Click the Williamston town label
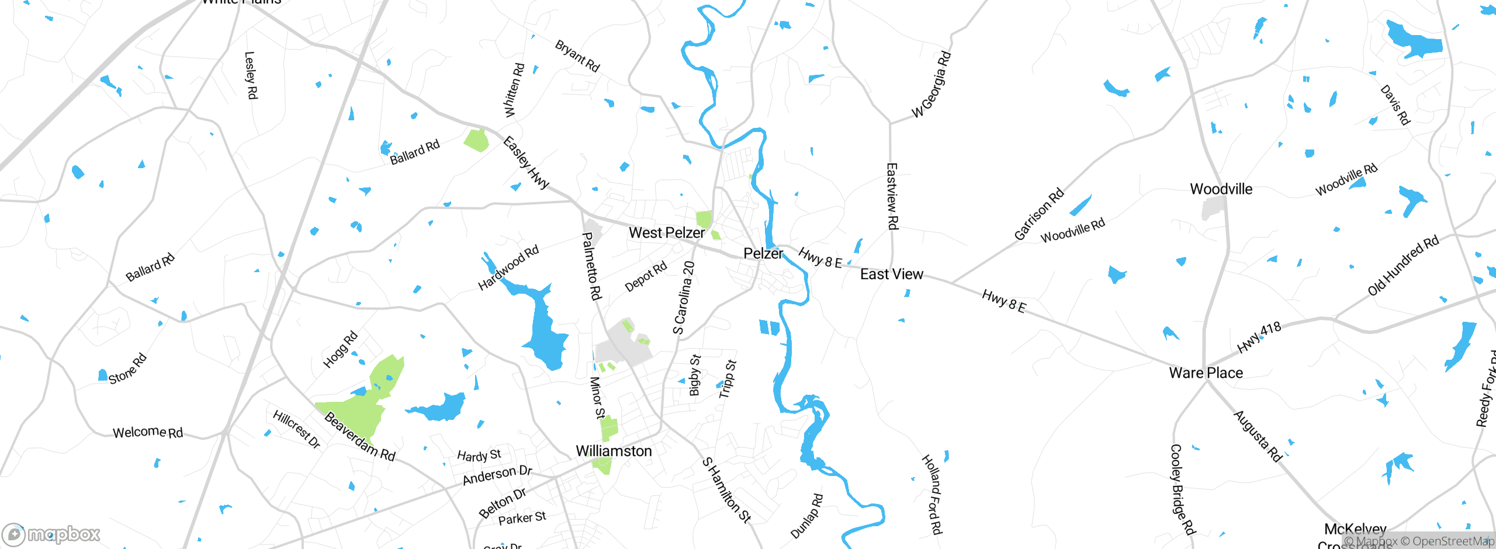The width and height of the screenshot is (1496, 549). click(x=614, y=451)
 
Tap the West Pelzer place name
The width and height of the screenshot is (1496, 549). click(x=667, y=232)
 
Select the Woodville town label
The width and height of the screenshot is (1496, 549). click(x=1221, y=189)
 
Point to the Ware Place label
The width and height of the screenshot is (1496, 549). click(x=1206, y=373)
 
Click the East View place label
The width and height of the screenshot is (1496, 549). click(x=891, y=274)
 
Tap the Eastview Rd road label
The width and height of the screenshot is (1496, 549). click(x=892, y=196)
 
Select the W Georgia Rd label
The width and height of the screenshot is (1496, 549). click(x=931, y=85)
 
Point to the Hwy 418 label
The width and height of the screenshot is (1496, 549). click(x=1259, y=338)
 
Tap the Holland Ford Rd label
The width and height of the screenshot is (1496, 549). click(x=932, y=494)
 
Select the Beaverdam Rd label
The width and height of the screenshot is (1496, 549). click(x=359, y=436)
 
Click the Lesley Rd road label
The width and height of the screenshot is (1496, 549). click(x=251, y=75)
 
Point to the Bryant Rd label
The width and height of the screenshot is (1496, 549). click(x=577, y=56)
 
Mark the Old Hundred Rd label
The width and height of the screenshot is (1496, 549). click(x=1402, y=266)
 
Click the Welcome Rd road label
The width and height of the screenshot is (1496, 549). click(x=148, y=433)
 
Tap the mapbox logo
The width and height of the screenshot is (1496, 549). click(x=51, y=534)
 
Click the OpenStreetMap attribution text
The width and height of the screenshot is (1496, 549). click(x=1447, y=541)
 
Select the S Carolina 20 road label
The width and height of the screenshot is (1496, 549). click(x=684, y=297)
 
